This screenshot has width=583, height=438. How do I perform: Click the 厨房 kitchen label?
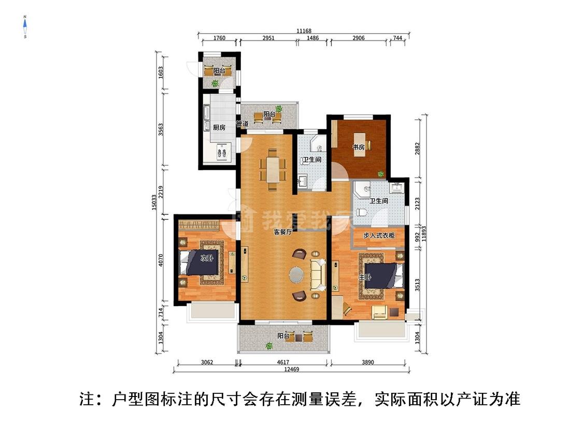click(x=219, y=127)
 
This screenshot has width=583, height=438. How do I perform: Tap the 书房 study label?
click(x=359, y=147)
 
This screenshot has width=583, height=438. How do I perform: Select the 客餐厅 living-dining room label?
click(x=283, y=232)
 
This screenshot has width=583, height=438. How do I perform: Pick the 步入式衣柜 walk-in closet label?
click(x=379, y=236)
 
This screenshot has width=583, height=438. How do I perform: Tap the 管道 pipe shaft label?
click(x=242, y=124)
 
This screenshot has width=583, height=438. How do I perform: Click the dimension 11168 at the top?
click(x=304, y=31)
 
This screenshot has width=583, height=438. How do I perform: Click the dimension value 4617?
click(x=282, y=362)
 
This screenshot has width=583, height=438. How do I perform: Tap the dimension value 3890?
click(x=368, y=362)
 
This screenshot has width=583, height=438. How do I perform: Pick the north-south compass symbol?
click(x=25, y=27)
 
